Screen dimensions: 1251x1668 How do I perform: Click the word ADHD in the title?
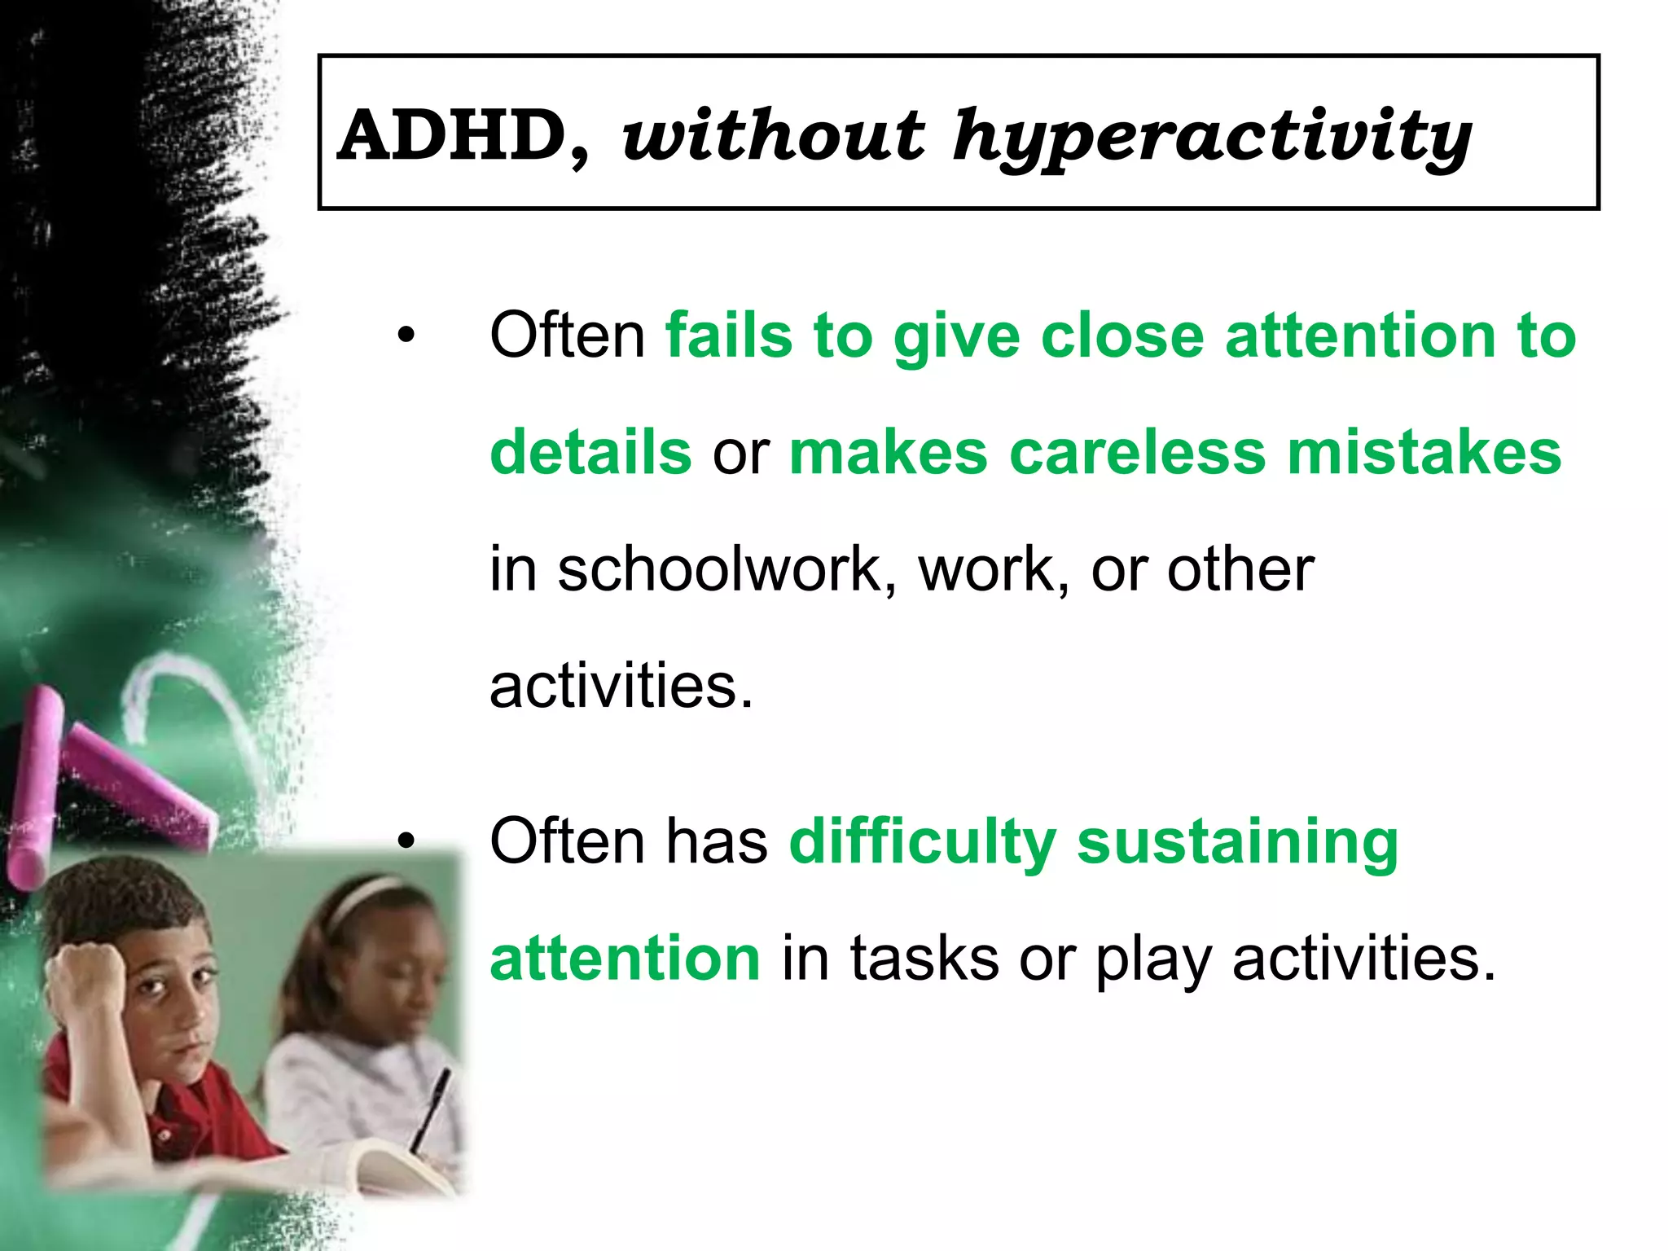pos(453,136)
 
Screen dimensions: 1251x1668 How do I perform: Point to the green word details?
pos(590,453)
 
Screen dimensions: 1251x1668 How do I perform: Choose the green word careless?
pos(1137,453)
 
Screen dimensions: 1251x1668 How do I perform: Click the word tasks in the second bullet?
pos(924,959)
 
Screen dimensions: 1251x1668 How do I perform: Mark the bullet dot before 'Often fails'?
pos(406,335)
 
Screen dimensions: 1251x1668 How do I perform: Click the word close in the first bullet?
pos(1122,336)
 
